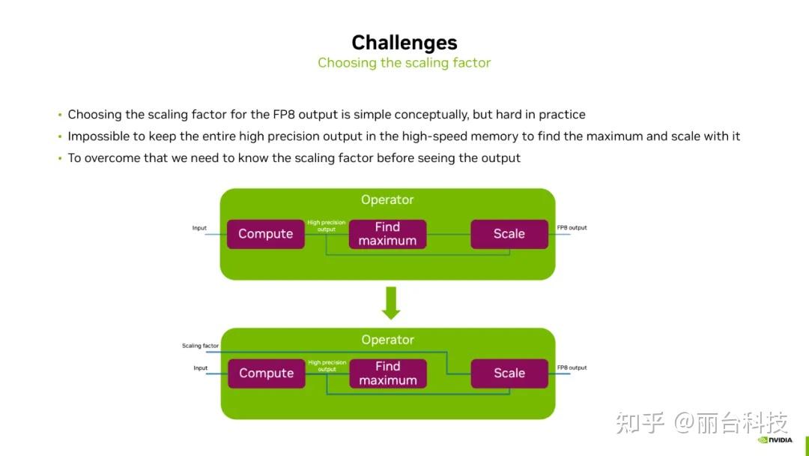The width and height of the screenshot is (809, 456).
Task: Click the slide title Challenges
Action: click(x=404, y=42)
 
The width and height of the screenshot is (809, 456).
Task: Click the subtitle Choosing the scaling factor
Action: click(x=404, y=63)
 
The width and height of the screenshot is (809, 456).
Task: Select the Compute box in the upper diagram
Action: click(x=265, y=234)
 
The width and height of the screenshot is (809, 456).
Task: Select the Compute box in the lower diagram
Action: click(x=266, y=373)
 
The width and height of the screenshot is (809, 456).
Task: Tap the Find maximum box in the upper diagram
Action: click(x=387, y=234)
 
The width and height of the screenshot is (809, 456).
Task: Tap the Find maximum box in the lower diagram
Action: click(x=387, y=373)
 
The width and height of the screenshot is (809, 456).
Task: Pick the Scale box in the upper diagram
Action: click(x=509, y=234)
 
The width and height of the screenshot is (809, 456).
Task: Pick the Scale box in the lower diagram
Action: click(x=509, y=373)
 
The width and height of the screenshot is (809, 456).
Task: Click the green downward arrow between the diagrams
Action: click(x=391, y=303)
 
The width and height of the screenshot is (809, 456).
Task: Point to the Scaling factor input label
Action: click(x=200, y=346)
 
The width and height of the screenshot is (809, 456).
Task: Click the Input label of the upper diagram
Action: click(x=199, y=228)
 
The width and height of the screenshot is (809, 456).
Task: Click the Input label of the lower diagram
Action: click(x=200, y=368)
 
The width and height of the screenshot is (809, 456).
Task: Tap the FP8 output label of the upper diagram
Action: click(x=572, y=228)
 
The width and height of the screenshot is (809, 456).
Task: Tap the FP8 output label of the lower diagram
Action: click(x=572, y=368)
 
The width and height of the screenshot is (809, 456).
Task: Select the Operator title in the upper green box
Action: click(x=387, y=200)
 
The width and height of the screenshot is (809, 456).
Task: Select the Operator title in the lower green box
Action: click(x=387, y=340)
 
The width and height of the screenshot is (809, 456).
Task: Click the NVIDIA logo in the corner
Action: click(x=775, y=440)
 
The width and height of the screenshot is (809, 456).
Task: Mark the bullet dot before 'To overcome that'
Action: click(x=60, y=158)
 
